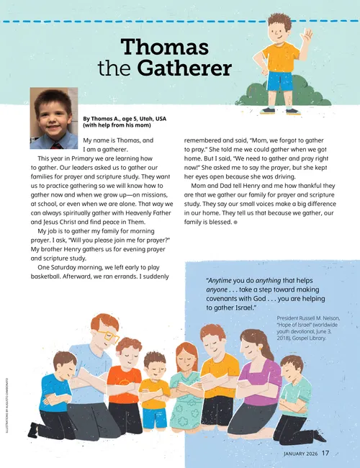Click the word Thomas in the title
(165, 48)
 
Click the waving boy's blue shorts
(280, 81)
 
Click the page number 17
(325, 453)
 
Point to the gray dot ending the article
(235, 222)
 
